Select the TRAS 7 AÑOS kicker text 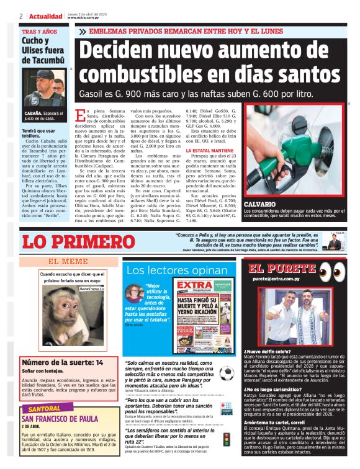39,31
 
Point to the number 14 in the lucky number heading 99,362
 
